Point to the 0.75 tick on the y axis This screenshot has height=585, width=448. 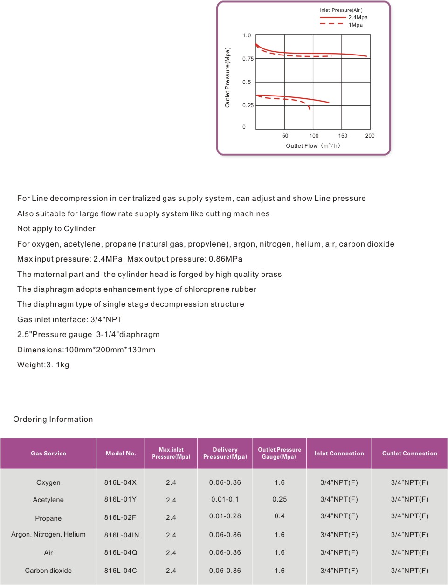point(248,59)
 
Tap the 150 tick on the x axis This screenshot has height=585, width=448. point(343,136)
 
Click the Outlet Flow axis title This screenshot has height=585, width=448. point(313,146)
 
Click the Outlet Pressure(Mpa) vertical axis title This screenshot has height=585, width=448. point(227,77)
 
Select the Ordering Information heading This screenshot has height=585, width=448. point(53,420)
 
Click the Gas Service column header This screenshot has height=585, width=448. point(48,454)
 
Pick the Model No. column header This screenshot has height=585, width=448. point(121,454)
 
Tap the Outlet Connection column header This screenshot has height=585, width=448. point(410,454)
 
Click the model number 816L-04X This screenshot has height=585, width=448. point(121,482)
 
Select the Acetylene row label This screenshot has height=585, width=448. point(48,500)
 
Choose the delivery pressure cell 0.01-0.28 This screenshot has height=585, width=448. point(225,516)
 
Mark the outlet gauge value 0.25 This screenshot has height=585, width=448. point(280,499)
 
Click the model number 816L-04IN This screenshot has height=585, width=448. point(122,535)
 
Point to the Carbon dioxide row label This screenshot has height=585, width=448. point(48,571)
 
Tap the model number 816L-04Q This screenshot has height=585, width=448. point(121,552)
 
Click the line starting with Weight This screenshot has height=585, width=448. point(43,365)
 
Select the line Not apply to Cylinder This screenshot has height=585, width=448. point(56,229)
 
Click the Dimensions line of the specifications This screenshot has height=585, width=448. point(86,350)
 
